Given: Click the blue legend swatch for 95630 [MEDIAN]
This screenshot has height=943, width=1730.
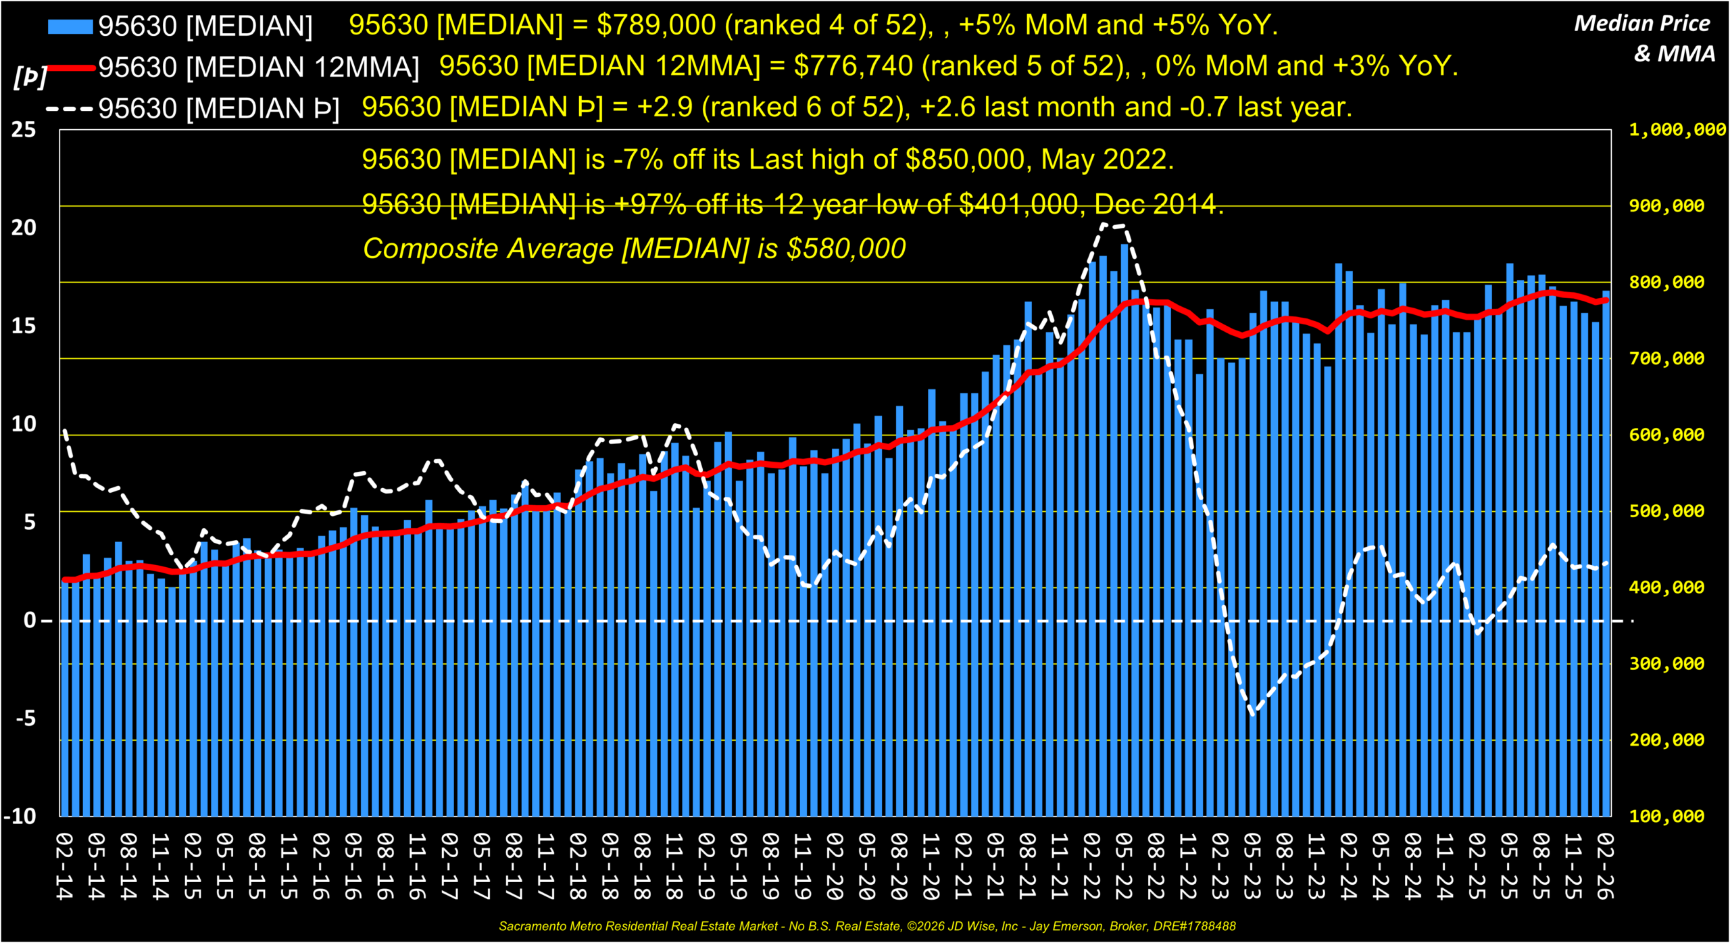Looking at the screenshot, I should pos(70,26).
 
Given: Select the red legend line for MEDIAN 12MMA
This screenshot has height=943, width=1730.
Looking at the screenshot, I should pos(70,68).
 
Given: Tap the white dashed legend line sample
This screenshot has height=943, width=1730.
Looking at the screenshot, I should pos(70,108).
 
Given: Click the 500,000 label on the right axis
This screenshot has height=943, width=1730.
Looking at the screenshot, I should pos(1666,511).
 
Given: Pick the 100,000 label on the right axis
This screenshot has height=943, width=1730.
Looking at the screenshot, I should pos(1666,817).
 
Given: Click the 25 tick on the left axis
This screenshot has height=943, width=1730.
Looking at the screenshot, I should pos(24,130).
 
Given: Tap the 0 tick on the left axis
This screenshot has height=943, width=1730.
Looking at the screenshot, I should pos(30,621).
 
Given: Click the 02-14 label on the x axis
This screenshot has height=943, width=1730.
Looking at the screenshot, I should pos(64,867).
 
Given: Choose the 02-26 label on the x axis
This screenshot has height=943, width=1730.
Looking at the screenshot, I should pos(1606,867).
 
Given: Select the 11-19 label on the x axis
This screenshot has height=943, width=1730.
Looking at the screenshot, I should pos(803,867).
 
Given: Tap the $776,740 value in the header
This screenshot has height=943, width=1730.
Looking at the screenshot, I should pos(854,66).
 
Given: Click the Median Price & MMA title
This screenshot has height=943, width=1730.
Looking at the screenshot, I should pos(1643,38).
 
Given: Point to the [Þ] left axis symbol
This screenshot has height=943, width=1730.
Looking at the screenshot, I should pos(30,76).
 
